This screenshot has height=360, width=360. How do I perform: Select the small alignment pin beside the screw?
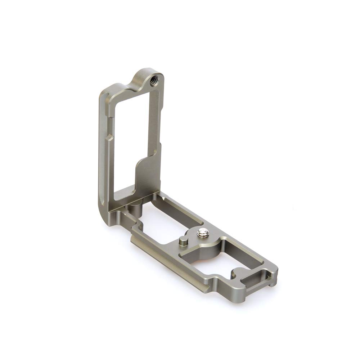coord(183,241)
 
